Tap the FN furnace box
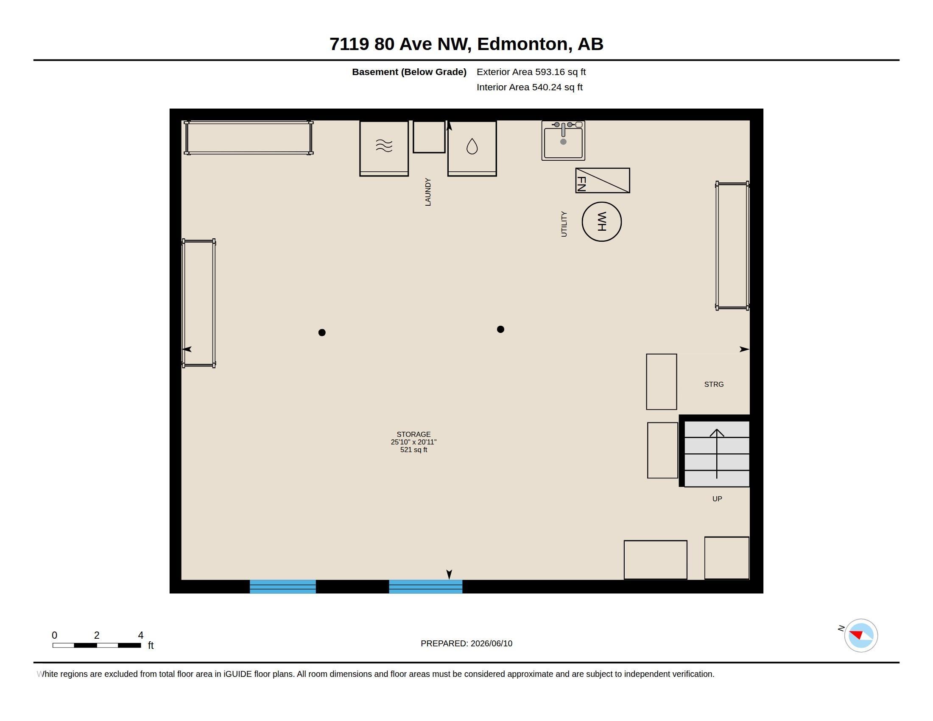(x=602, y=180)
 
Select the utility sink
(x=563, y=140)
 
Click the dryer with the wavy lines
(x=384, y=148)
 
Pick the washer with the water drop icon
(x=472, y=148)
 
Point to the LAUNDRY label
(x=427, y=192)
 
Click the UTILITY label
(x=564, y=224)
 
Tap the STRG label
(x=714, y=384)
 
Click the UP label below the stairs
(x=717, y=499)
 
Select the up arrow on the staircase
(x=717, y=454)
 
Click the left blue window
(x=283, y=587)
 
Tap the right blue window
(x=425, y=587)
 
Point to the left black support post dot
(x=322, y=333)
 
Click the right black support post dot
(x=501, y=329)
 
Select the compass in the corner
(x=861, y=635)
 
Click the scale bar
(x=97, y=645)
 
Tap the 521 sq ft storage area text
(x=413, y=450)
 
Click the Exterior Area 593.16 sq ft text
(x=531, y=72)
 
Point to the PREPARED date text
(x=466, y=643)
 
